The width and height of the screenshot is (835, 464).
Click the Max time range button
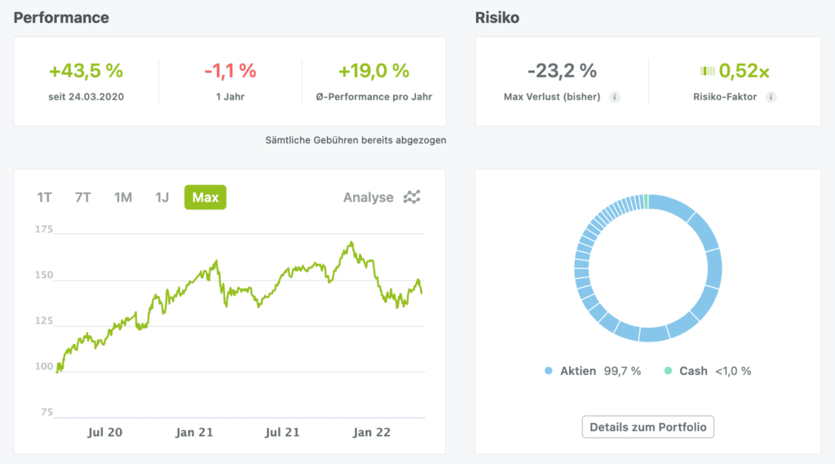click(205, 197)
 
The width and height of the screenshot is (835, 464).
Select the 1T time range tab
click(44, 197)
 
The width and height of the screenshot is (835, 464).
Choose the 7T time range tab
click(82, 197)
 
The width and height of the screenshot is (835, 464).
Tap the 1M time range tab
click(123, 197)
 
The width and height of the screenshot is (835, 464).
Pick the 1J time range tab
click(162, 197)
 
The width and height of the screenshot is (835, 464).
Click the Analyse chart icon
click(413, 197)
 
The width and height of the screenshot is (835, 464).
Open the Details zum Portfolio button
click(648, 426)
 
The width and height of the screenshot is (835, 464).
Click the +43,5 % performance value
click(86, 71)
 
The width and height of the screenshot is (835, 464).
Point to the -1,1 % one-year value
click(230, 71)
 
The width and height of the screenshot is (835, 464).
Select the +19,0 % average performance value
click(374, 71)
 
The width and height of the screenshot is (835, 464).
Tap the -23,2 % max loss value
click(562, 71)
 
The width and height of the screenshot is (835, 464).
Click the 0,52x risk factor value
click(744, 71)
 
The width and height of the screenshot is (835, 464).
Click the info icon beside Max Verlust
click(615, 97)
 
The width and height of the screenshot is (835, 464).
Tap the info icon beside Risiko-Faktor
click(771, 97)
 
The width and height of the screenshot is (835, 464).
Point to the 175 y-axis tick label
click(43, 229)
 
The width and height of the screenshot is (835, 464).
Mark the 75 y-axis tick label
click(46, 413)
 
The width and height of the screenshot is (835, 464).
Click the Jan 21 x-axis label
click(195, 432)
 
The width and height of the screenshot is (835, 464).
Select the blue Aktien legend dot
click(549, 371)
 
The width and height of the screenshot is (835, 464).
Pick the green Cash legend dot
click(669, 371)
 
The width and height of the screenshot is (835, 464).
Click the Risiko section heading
click(497, 17)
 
